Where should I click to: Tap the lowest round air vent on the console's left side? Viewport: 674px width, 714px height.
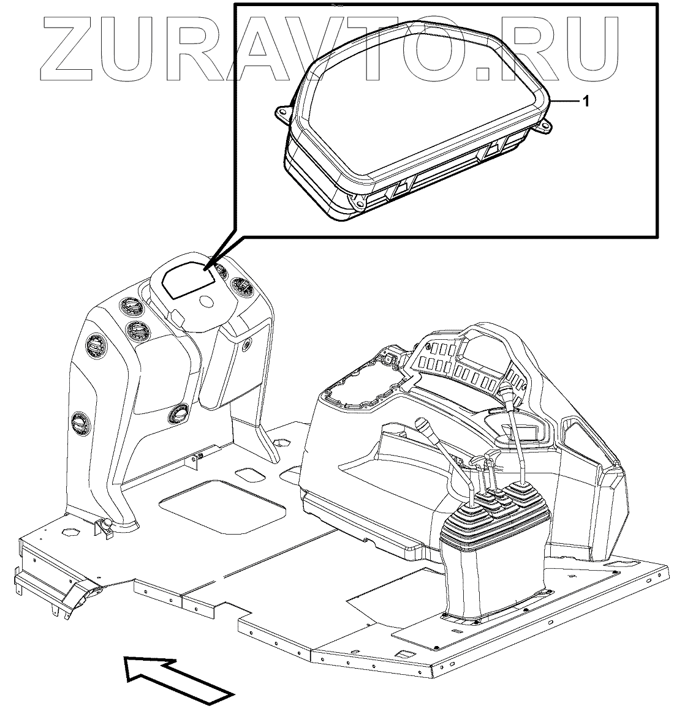coord(78,422)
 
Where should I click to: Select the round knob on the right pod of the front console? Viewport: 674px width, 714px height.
coord(246,345)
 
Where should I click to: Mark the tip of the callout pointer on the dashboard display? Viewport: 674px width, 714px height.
coord(208,268)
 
